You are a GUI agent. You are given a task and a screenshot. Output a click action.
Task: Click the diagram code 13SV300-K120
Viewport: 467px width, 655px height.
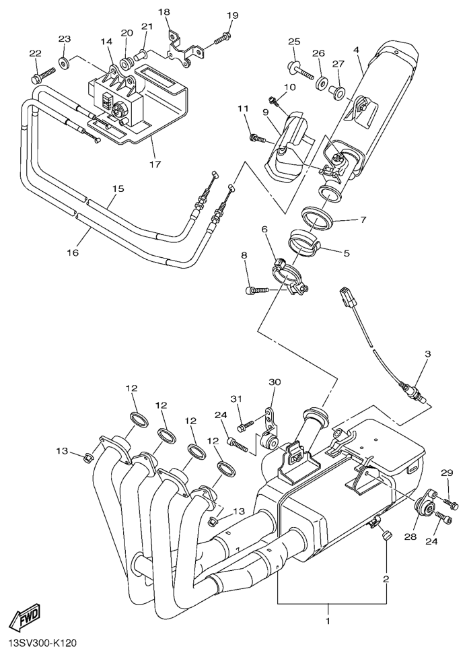pos(43,644)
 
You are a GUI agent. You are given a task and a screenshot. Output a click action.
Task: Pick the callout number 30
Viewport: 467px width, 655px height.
pos(274,382)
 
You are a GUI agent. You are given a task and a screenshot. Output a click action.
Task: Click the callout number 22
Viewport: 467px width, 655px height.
pos(36,53)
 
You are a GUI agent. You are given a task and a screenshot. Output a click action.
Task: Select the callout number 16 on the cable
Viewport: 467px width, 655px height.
pos(73,252)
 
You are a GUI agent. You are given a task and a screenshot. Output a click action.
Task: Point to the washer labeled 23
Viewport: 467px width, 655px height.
pos(64,64)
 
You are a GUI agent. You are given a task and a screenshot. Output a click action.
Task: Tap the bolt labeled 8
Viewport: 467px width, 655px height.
pos(256,289)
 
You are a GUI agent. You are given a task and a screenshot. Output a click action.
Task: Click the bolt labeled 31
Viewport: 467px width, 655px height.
pos(246,425)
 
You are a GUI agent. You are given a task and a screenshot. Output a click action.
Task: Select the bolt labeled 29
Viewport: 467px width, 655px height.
pos(450,503)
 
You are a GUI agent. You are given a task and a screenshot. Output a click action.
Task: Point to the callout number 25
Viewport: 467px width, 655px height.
pos(294,42)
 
